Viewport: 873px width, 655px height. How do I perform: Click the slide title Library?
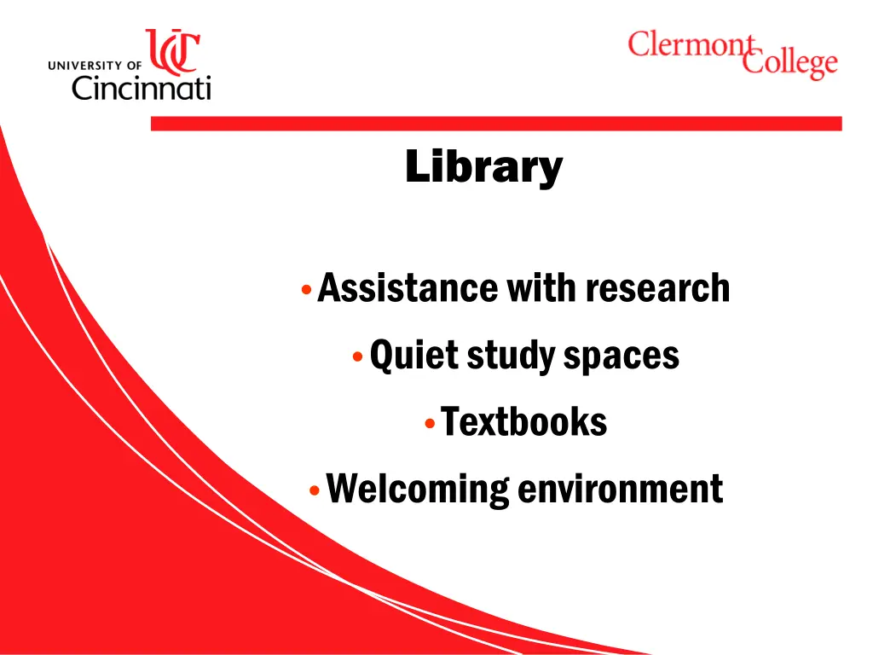[x=483, y=166]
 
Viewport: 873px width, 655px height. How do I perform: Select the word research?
[x=657, y=288]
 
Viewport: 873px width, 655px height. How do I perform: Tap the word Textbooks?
[x=523, y=421]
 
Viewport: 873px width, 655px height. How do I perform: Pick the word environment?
[x=621, y=489]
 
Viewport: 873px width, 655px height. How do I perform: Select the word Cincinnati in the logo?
[x=141, y=87]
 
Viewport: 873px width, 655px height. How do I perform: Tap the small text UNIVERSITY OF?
[x=95, y=64]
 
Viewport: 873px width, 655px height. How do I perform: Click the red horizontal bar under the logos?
[x=495, y=124]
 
